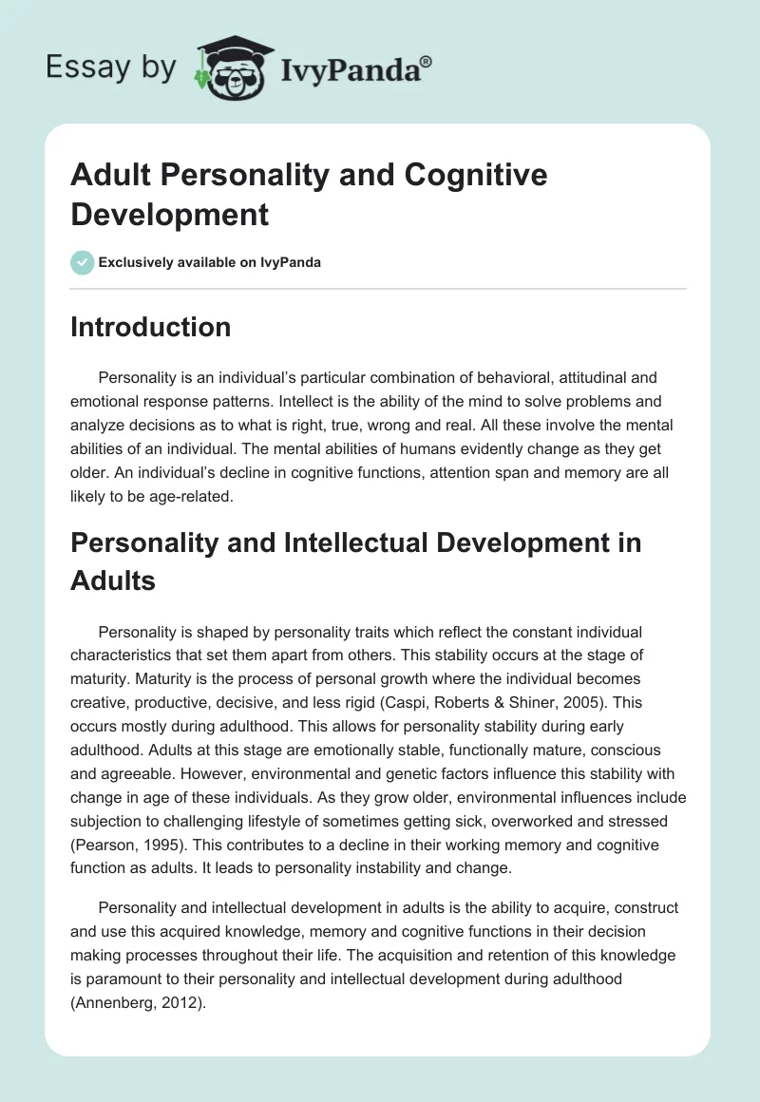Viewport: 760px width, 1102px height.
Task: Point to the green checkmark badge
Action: pyautogui.click(x=83, y=262)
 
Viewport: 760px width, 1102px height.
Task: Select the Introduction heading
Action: pyautogui.click(x=150, y=327)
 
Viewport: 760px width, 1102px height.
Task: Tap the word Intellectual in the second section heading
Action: pyautogui.click(x=338, y=543)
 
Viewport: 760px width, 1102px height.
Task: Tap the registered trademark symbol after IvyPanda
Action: pyautogui.click(x=427, y=61)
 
